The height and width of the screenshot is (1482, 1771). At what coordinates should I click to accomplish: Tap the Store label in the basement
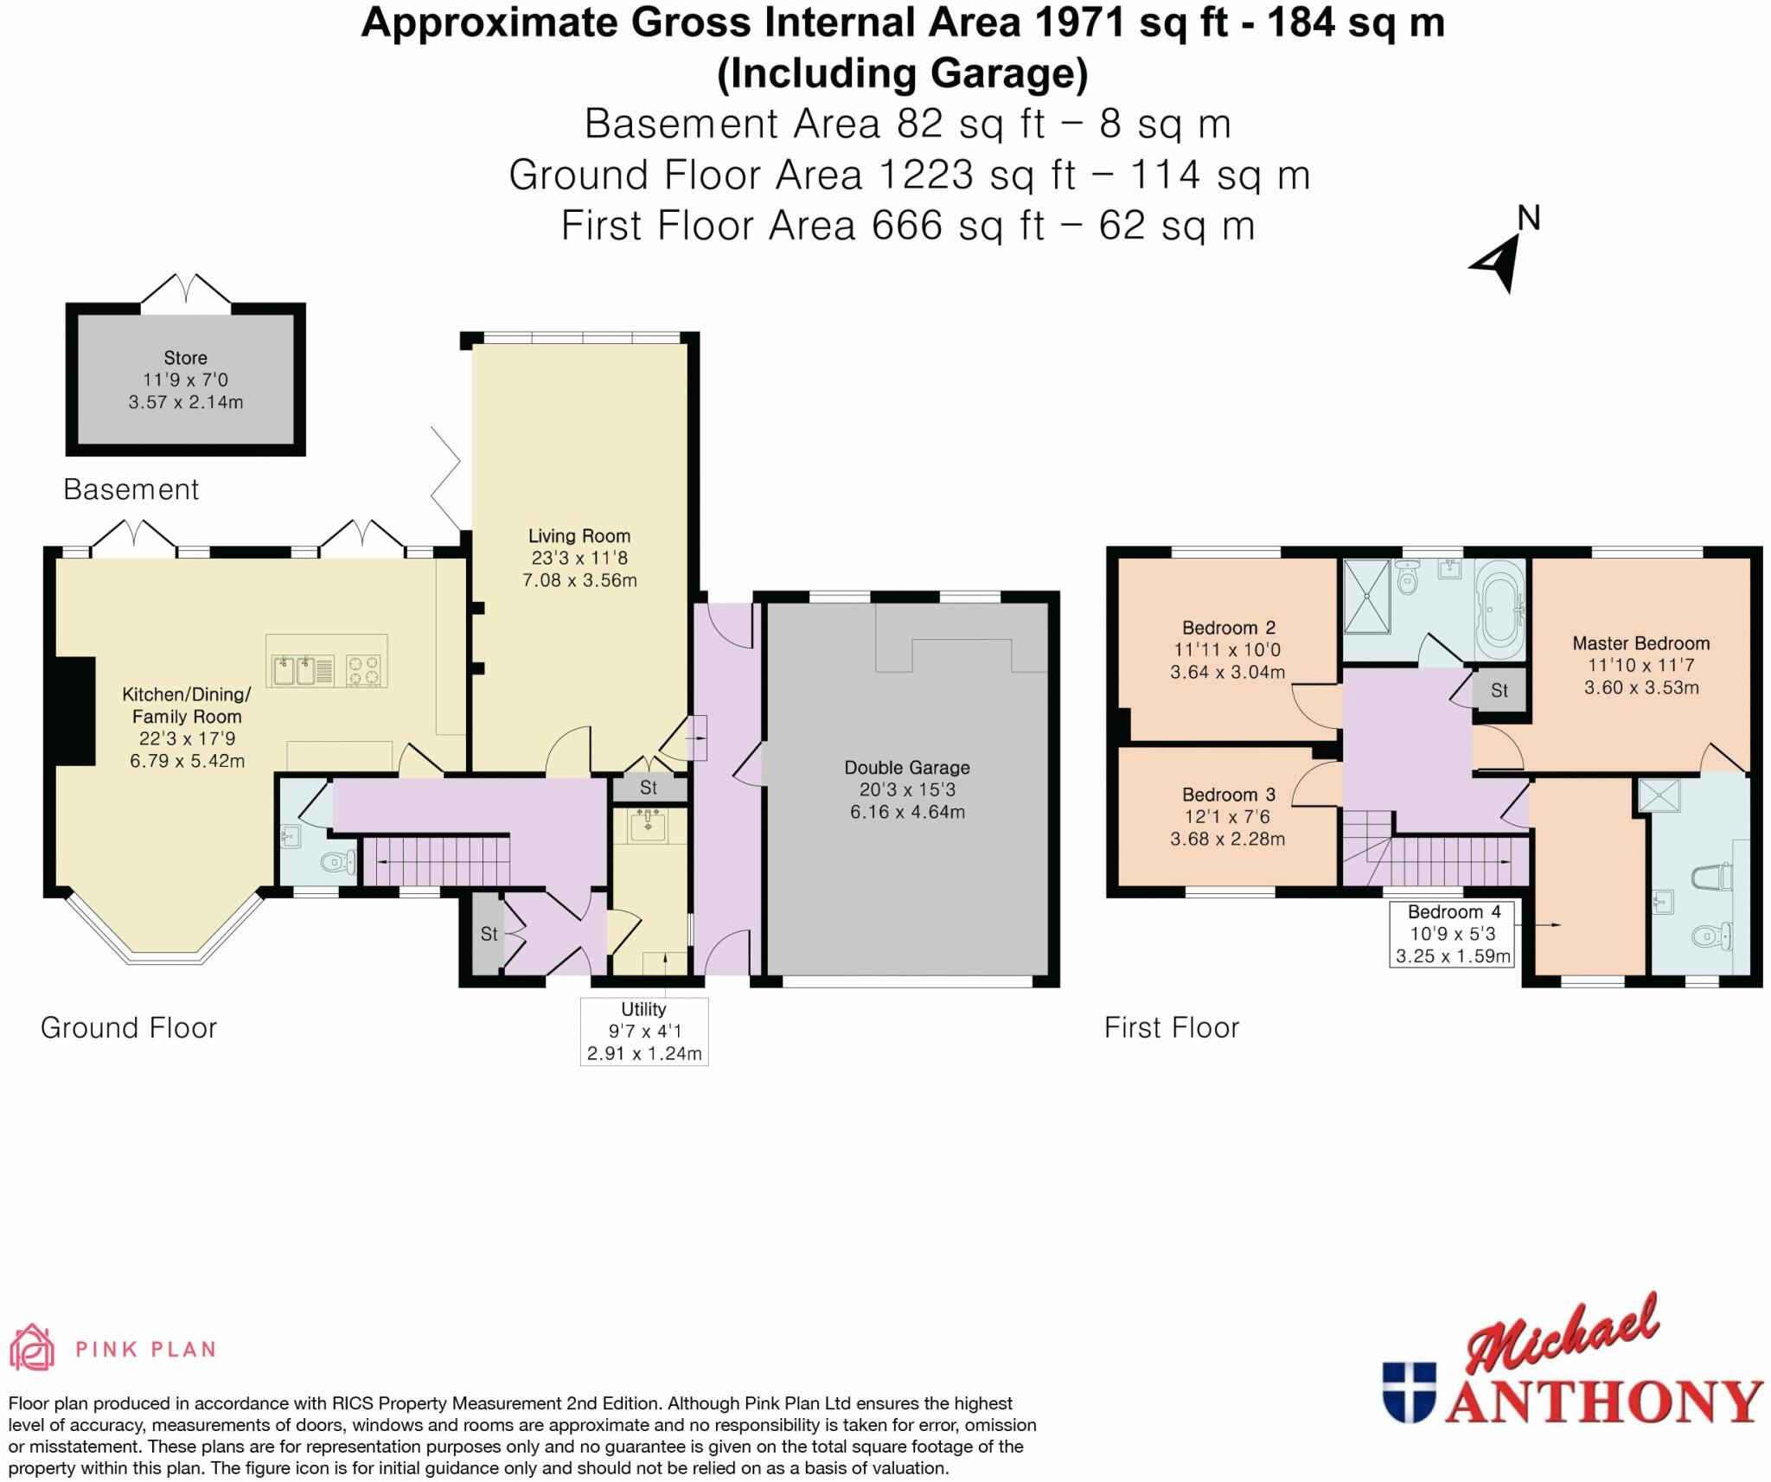(185, 358)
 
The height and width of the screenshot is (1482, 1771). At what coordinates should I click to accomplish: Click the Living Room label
(579, 536)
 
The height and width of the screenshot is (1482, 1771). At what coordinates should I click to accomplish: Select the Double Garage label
(906, 768)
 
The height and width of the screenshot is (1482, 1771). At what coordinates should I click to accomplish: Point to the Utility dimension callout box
(643, 1031)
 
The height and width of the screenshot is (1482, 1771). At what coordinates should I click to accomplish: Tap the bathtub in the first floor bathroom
(1500, 609)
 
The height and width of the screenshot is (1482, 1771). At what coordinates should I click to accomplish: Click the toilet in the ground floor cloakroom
(337, 861)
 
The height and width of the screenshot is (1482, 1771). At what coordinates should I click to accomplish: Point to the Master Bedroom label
(1640, 643)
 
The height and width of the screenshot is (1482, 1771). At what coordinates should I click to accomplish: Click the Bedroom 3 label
(1227, 795)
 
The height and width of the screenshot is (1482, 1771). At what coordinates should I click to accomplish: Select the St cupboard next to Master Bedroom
(1499, 690)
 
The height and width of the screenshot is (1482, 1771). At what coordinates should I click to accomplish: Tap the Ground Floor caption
(129, 1027)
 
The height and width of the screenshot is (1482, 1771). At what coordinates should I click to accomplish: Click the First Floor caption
(1171, 1027)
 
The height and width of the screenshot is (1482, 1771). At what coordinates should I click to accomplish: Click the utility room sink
(649, 826)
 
